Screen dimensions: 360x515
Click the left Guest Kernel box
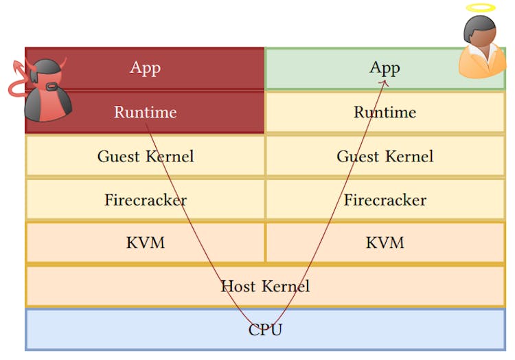pyautogui.click(x=145, y=156)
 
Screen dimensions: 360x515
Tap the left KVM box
pyautogui.click(x=145, y=243)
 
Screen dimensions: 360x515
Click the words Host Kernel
pyautogui.click(x=265, y=286)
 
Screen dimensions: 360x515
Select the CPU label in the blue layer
pyautogui.click(x=265, y=330)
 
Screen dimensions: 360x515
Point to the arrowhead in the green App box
pyautogui.click(x=385, y=80)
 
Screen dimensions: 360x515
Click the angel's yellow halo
pyautogui.click(x=480, y=8)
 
